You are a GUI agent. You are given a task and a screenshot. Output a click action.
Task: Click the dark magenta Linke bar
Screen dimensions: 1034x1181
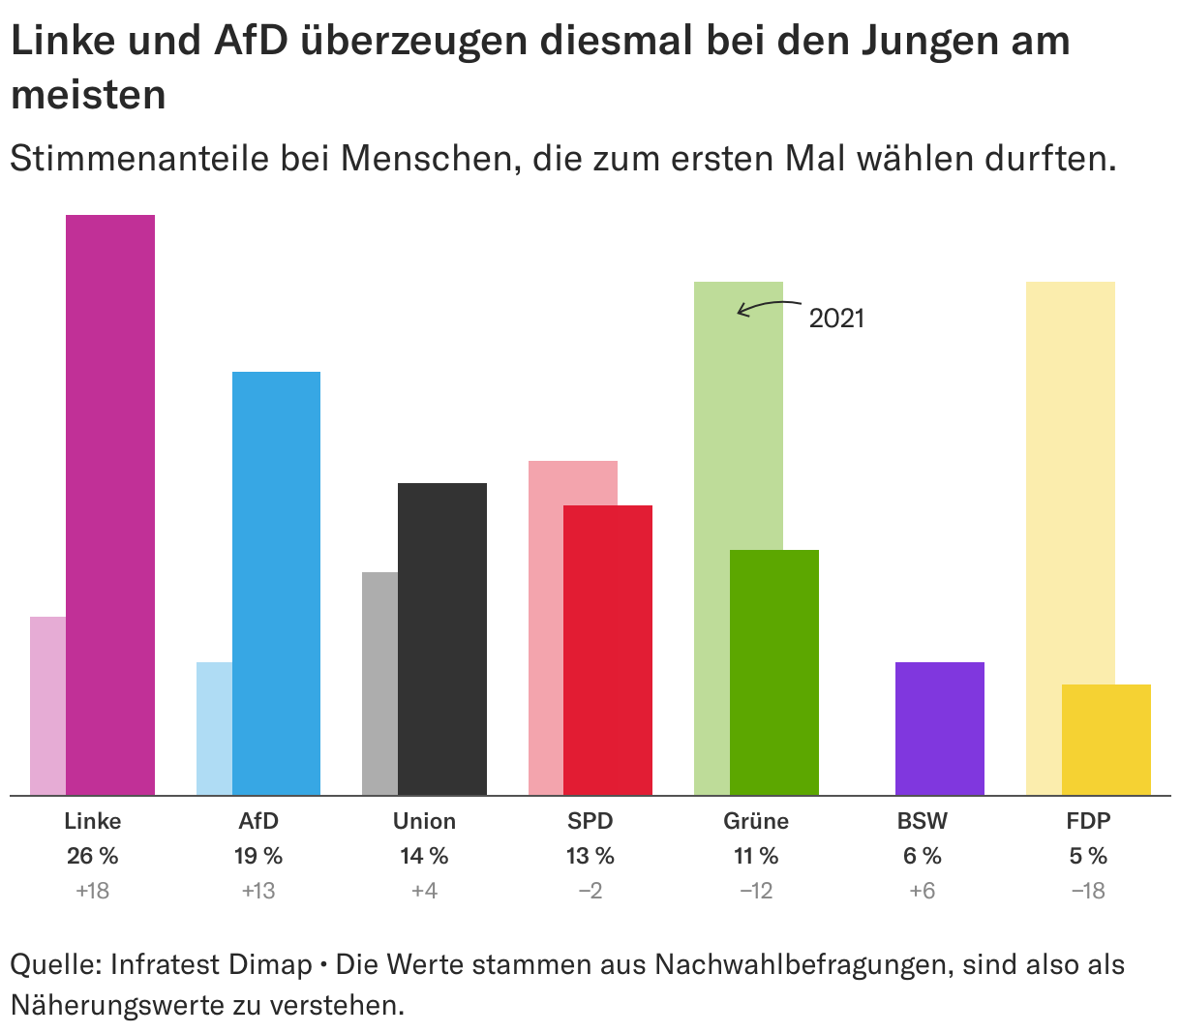(x=110, y=504)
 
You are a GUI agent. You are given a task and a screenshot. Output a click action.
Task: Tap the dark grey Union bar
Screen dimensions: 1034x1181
(x=442, y=639)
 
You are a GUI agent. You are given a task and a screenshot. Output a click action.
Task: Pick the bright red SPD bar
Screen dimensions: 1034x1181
(x=608, y=650)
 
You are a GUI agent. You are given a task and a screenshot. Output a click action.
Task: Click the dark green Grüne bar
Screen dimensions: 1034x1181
(x=774, y=672)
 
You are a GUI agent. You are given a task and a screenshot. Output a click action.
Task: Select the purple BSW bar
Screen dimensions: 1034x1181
(x=940, y=728)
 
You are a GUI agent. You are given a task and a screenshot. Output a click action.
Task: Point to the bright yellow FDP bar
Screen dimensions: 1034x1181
(x=1106, y=740)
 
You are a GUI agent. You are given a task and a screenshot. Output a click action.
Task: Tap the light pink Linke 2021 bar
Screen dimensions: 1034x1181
(x=48, y=706)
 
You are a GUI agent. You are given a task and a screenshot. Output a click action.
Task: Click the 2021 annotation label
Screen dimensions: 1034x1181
(x=836, y=319)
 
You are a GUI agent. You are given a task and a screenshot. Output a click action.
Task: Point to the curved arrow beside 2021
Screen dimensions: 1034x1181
(x=770, y=307)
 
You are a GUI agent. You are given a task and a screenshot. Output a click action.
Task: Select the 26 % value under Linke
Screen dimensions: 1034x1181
(x=93, y=856)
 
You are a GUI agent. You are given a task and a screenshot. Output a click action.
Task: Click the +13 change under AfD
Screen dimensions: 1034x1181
(x=258, y=891)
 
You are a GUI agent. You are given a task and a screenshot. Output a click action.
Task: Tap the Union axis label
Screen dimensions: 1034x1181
(x=424, y=821)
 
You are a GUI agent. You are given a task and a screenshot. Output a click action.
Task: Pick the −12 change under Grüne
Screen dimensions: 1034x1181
(x=756, y=891)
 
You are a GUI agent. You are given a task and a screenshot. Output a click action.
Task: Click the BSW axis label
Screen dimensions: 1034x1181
(x=922, y=821)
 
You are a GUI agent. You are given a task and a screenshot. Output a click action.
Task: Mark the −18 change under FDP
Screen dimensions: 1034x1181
(x=1088, y=891)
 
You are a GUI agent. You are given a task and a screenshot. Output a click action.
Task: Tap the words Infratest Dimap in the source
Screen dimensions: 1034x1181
(x=210, y=965)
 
